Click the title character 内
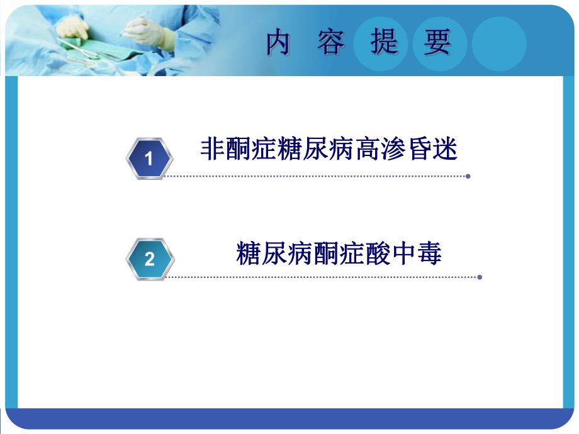278,43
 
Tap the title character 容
331,43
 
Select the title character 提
384,43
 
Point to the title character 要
437,43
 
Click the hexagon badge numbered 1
149,159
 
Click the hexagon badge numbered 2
149,259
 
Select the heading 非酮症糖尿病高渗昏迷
329,150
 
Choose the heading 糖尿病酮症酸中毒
339,253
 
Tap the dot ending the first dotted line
468,176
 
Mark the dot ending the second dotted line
480,277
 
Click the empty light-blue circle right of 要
498,43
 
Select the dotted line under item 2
321,277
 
